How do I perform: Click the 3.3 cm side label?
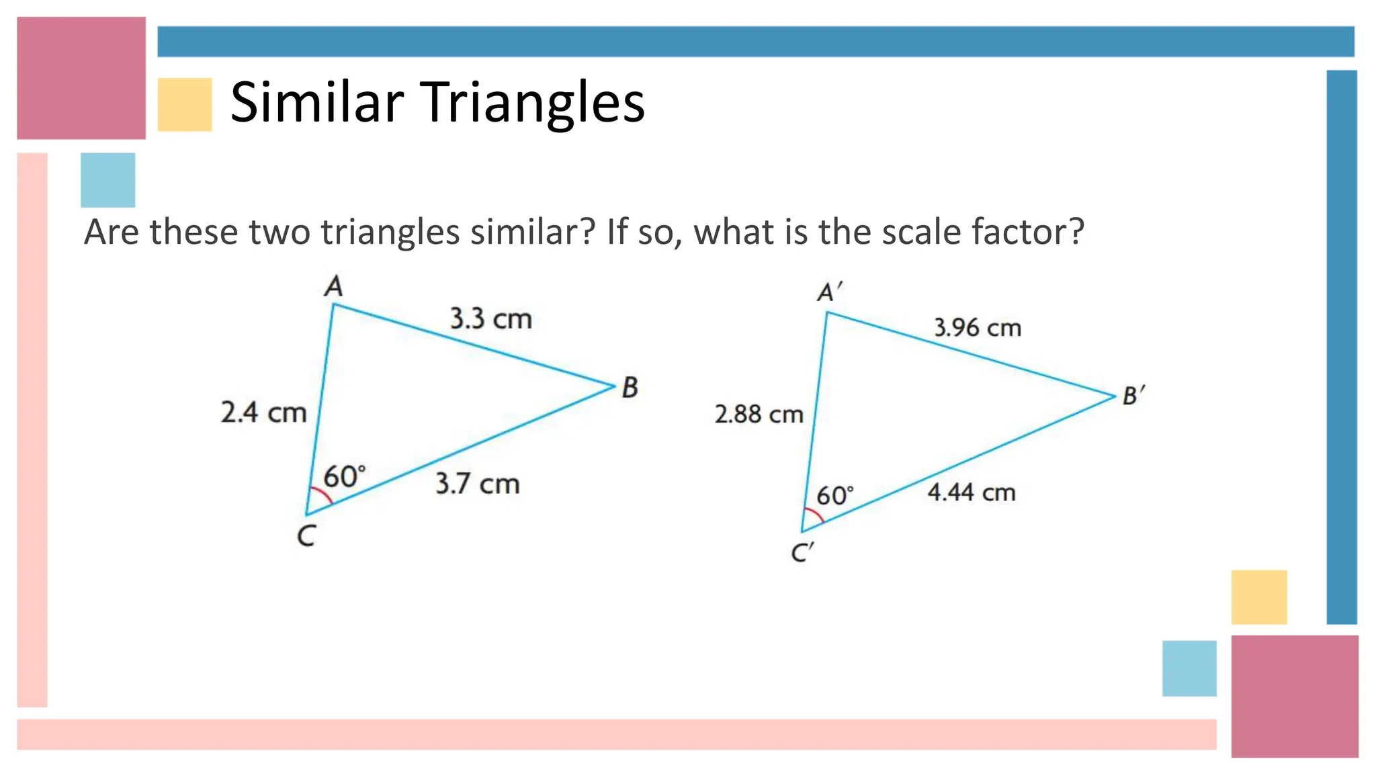490,318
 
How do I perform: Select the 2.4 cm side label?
263,412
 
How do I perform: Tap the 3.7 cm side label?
477,484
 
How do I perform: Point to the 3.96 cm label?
978,328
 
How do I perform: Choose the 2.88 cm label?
759,415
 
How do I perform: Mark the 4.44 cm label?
971,492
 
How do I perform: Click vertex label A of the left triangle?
333,287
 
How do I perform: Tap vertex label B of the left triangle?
630,388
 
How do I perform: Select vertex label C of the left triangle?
306,536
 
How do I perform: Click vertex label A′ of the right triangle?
829,292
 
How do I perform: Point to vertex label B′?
1133,395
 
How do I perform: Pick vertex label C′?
802,553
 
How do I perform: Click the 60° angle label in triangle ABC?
344,476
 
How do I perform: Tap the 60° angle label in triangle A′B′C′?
834,496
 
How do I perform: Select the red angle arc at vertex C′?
816,515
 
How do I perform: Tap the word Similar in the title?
316,103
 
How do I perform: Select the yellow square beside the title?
185,104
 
